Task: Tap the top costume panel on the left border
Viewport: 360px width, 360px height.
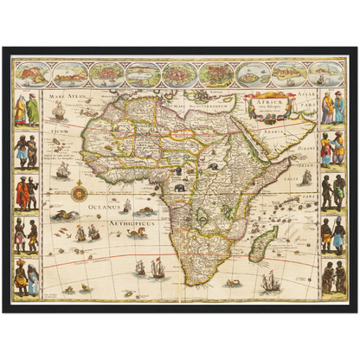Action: (26, 107)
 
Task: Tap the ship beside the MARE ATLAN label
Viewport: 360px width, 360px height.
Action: (58, 111)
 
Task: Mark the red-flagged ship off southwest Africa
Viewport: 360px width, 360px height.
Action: (157, 268)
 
